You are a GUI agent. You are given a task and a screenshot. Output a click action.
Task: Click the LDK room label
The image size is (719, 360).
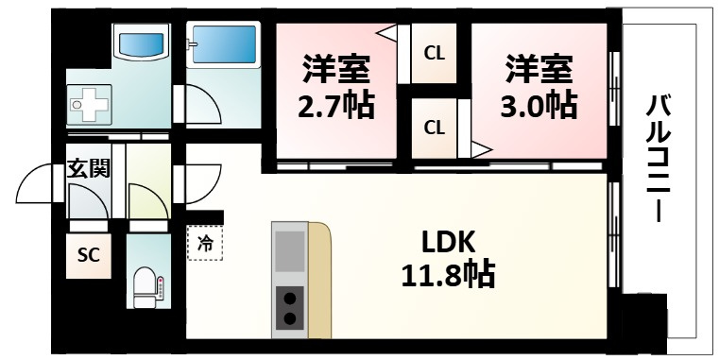[x=441, y=240]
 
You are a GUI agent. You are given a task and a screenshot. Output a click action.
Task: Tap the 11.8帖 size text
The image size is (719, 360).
[x=443, y=275]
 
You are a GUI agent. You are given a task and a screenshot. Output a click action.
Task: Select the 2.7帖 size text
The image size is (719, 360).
[x=335, y=104]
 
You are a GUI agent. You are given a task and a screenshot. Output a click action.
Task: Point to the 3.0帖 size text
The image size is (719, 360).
[x=538, y=104]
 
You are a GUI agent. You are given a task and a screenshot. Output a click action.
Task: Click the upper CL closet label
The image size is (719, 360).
[x=434, y=53]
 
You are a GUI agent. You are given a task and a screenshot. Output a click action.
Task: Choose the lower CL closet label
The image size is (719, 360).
[x=434, y=127]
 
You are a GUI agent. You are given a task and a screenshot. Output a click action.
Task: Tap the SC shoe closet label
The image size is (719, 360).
[x=88, y=255]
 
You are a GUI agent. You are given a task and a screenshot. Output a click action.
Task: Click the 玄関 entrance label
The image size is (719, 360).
[x=87, y=169]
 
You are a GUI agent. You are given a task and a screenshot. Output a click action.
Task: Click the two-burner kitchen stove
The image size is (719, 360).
[x=289, y=308]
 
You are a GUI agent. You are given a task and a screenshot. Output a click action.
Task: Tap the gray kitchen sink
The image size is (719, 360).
[x=289, y=251]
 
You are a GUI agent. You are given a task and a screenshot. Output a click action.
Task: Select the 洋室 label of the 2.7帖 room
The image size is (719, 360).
[x=335, y=69]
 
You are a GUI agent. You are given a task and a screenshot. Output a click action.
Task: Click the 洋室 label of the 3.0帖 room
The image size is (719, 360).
[x=538, y=69]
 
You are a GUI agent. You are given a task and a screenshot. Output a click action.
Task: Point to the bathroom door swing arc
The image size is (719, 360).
[x=200, y=107]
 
